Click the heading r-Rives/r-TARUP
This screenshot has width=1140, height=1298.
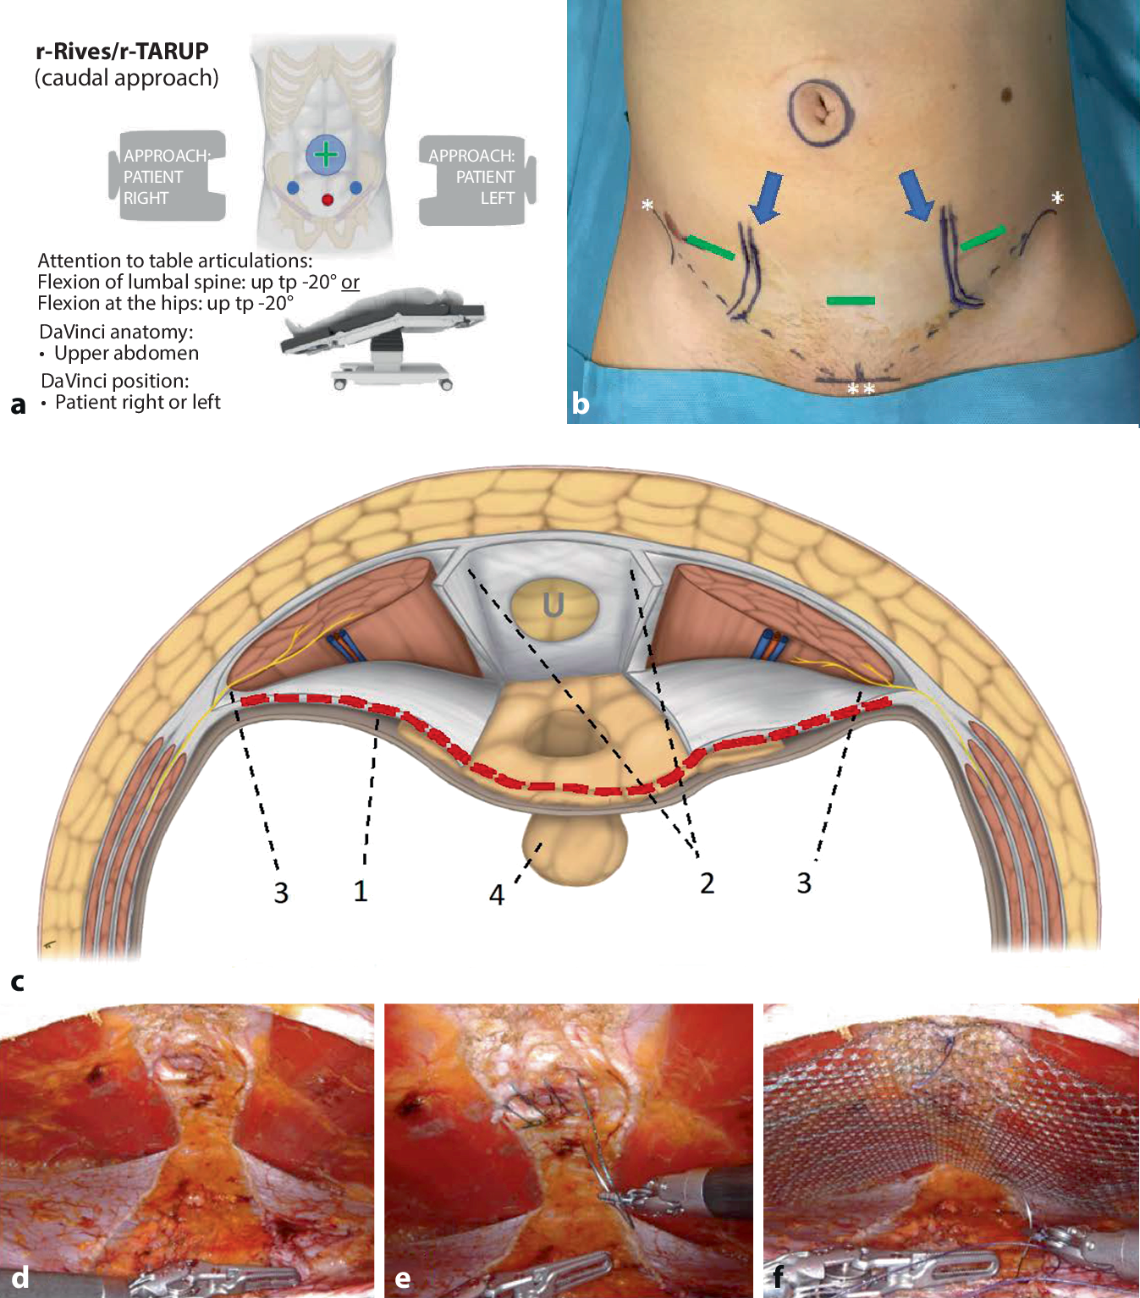pos(122,52)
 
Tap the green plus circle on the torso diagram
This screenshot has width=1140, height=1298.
pos(326,155)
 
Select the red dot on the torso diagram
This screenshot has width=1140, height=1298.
pos(328,200)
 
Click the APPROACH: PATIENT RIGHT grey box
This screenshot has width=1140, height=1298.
pos(168,176)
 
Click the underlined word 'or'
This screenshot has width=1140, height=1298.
pos(350,282)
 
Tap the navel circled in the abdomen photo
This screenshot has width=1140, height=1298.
pos(818,108)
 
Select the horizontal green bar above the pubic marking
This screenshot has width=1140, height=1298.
pos(850,300)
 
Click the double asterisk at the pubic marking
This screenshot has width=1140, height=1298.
pos(861,389)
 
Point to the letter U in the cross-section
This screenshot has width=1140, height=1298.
pos(553,605)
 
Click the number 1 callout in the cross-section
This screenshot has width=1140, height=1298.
pos(361,891)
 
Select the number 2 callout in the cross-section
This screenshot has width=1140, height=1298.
pos(707,883)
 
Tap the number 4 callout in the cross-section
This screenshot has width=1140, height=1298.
pos(497,894)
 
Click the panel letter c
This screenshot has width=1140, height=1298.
pos(17,982)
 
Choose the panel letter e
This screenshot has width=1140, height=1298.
pos(403,1278)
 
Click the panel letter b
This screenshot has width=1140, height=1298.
pos(581,404)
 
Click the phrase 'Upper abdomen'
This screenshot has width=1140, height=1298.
pos(126,353)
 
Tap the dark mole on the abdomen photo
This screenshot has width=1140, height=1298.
pos(1007,92)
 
